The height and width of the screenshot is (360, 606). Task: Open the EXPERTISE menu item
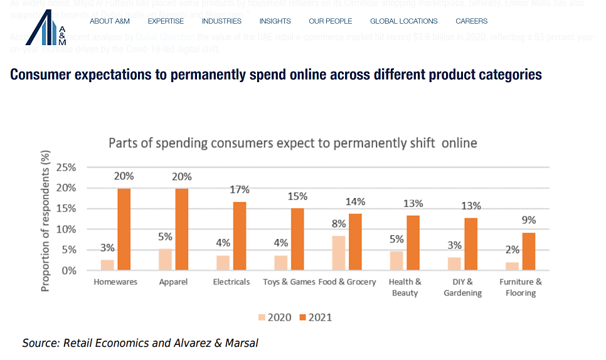coord(166,21)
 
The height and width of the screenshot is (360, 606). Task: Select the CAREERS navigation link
coord(471,21)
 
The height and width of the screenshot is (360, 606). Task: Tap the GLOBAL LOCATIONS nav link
coord(403,21)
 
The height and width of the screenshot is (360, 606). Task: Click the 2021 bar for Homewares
coord(124,229)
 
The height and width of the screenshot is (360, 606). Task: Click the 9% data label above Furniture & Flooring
coord(528,220)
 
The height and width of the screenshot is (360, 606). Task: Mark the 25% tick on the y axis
coord(66,167)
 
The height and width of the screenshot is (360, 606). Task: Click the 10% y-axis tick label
coord(66,229)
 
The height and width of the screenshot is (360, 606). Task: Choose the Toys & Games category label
coord(289,282)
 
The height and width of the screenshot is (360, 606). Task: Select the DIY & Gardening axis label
coord(462,287)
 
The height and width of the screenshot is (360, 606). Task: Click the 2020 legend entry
coord(274,317)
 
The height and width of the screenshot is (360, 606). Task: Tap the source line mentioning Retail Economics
coord(140,342)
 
